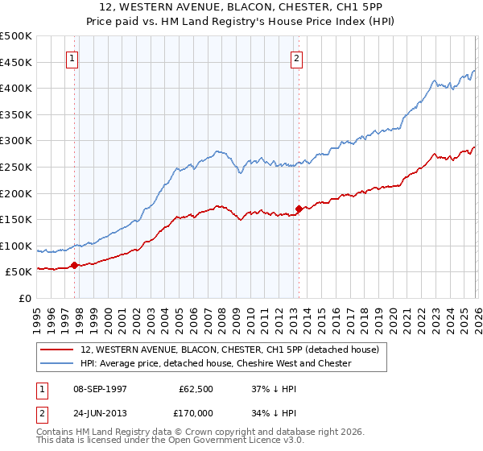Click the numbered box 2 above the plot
tap(297, 58)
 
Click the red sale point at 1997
tap(75, 264)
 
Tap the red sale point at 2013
tap(299, 209)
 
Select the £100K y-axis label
tap(17, 246)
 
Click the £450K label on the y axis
tap(17, 62)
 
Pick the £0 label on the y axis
tap(25, 299)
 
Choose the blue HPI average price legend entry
tap(216, 363)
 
